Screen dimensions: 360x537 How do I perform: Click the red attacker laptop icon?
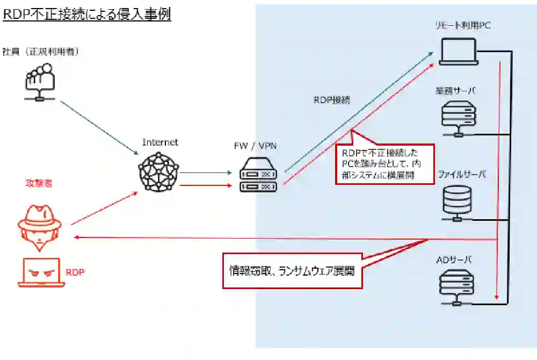point(41,272)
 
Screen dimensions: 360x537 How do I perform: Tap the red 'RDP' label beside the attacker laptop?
point(75,272)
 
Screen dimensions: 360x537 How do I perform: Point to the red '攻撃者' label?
point(39,183)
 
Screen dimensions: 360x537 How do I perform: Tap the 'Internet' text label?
point(160,142)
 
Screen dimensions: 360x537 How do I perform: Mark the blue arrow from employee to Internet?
point(99,126)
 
